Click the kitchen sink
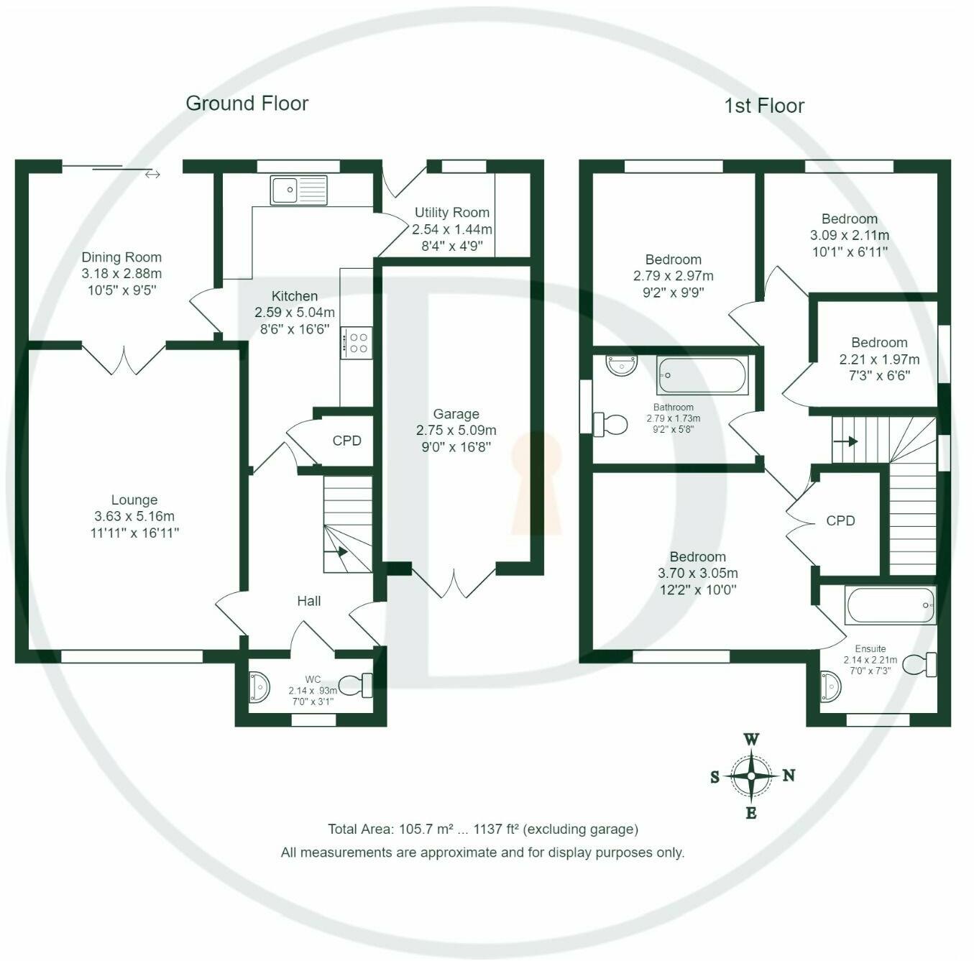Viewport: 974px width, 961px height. (298, 190)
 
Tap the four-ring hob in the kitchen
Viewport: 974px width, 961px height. (357, 344)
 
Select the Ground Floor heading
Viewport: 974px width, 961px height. (247, 104)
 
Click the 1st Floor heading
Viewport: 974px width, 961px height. (763, 106)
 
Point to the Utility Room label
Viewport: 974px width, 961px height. (452, 212)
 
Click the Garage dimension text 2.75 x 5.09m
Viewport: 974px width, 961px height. (456, 431)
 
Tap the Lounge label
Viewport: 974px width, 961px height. (134, 500)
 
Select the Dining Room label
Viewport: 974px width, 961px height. (121, 257)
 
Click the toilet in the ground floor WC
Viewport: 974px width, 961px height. (355, 686)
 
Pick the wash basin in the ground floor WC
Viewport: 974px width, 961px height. (259, 687)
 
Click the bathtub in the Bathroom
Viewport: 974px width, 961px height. (702, 375)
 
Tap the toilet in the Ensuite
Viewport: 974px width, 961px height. (919, 665)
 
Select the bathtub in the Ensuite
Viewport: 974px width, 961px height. (890, 604)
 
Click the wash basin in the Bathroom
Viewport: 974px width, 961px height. (622, 365)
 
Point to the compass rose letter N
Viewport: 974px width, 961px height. (789, 776)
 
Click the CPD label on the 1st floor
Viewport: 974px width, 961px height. (840, 520)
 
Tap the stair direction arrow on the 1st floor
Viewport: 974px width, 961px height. (845, 441)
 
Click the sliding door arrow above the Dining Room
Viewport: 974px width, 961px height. (152, 175)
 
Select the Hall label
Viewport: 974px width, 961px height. (309, 601)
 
